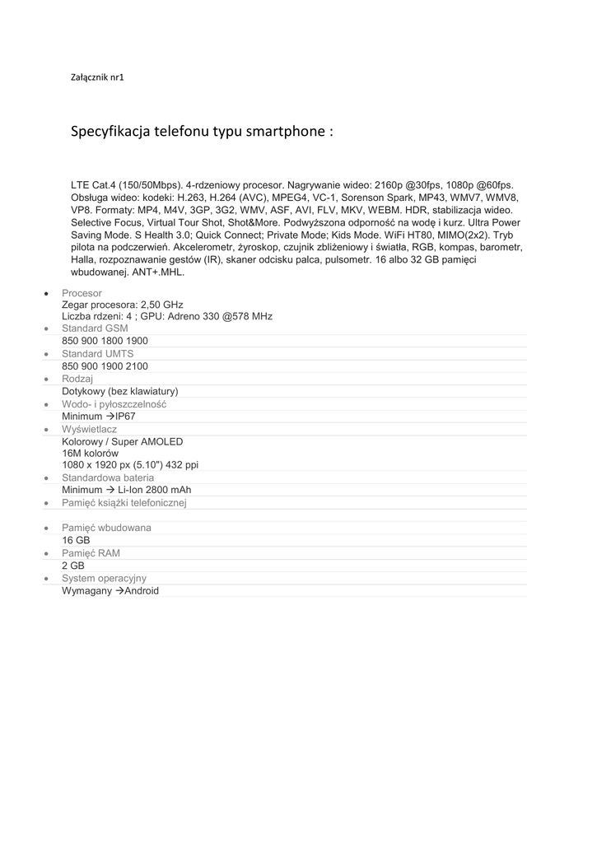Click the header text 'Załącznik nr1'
(x=97, y=77)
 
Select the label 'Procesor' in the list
(x=82, y=293)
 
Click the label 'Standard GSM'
(x=95, y=328)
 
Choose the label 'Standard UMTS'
(x=97, y=354)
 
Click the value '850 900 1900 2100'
(x=105, y=366)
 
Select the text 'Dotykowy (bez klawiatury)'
(x=119, y=391)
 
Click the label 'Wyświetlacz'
(x=89, y=429)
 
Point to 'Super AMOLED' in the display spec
(x=151, y=442)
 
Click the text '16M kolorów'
(x=90, y=454)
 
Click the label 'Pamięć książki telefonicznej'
(x=124, y=503)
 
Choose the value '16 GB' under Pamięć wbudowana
(x=76, y=540)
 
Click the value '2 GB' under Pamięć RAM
(x=73, y=566)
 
